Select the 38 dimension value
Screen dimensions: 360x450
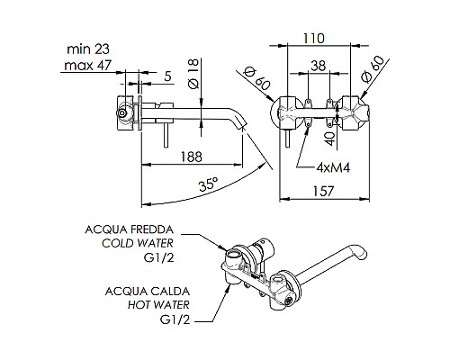point(319,65)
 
